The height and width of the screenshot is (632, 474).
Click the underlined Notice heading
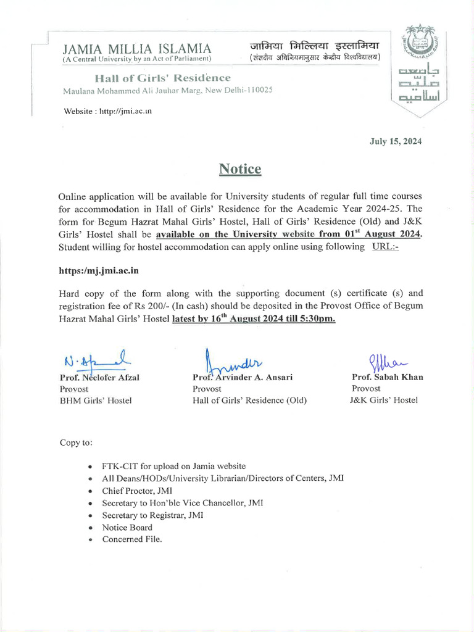click(240, 169)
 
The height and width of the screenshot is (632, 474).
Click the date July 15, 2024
click(396, 141)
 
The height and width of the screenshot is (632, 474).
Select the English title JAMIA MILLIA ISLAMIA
click(137, 48)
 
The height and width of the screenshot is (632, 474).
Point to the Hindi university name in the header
click(314, 46)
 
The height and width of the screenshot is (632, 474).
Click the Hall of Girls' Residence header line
click(163, 78)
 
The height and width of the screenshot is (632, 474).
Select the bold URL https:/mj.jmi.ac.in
click(98, 271)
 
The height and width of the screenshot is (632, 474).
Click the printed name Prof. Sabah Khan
click(387, 377)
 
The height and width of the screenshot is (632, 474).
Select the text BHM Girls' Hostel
click(96, 401)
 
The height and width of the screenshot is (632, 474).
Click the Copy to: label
click(76, 443)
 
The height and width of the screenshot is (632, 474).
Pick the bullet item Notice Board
click(127, 528)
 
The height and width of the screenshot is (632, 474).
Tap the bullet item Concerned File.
click(132, 539)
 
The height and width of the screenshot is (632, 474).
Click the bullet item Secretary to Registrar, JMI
click(152, 515)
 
